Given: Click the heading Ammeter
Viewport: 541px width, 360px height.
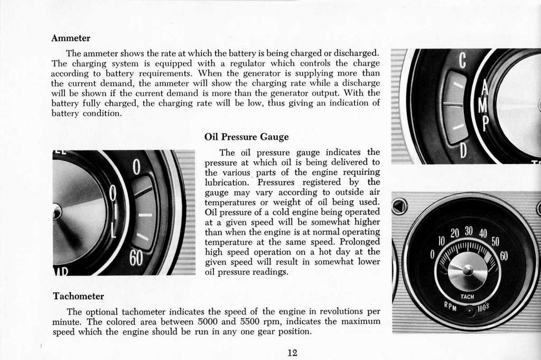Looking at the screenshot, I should [71, 38].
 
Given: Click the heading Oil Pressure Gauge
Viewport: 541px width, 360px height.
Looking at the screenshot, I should [246, 137].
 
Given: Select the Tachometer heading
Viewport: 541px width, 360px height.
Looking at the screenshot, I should [78, 296].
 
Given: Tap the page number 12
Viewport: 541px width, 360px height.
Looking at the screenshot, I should [292, 353].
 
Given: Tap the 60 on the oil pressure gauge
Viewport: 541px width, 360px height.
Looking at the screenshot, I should [136, 259].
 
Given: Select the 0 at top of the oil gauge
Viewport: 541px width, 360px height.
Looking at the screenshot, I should [136, 167].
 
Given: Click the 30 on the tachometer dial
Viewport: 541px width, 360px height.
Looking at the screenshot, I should [469, 231].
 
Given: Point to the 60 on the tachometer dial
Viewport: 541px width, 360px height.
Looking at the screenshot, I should [503, 256].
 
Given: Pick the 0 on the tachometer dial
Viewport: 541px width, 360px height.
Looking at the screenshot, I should [432, 255].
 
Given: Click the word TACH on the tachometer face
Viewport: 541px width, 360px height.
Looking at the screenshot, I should [467, 297].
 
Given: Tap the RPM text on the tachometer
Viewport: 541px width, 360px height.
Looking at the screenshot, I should [450, 308].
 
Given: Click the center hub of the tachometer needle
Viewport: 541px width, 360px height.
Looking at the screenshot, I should [468, 270].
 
